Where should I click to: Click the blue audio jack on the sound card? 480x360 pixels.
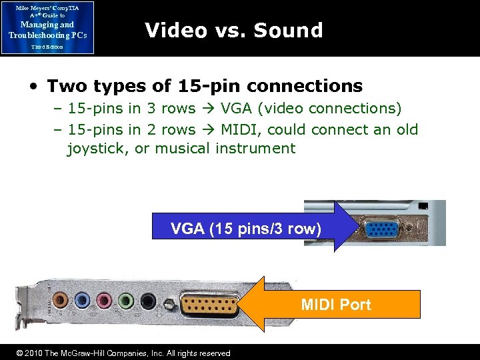[83, 300]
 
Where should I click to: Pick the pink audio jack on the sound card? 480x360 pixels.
[105, 300]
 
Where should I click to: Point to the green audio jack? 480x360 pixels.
[127, 300]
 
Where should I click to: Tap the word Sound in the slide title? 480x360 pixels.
[288, 30]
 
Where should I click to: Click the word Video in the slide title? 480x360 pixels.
[175, 30]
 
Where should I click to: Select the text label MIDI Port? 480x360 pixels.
[335, 305]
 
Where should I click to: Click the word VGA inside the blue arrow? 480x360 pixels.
[187, 229]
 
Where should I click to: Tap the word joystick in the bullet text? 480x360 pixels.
[98, 148]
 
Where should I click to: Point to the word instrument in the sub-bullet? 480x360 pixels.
[255, 148]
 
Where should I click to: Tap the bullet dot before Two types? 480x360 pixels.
[32, 87]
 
